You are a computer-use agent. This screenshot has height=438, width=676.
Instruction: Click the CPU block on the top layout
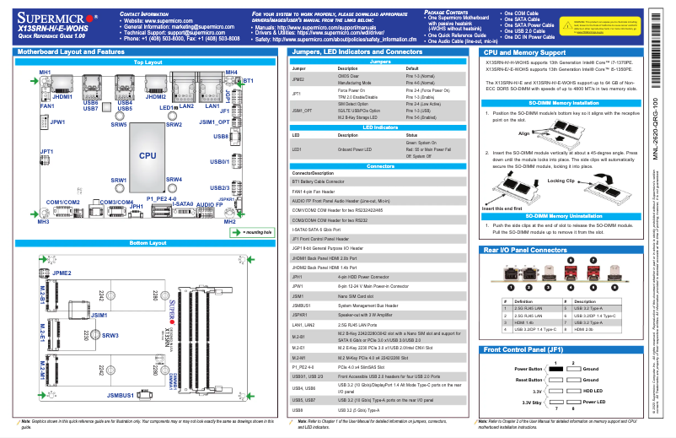coord(148,155)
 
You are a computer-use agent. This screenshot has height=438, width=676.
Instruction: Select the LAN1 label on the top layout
coord(212,106)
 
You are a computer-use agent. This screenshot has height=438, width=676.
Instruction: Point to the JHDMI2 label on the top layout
coord(155,97)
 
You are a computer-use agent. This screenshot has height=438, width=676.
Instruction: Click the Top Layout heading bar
coord(148,62)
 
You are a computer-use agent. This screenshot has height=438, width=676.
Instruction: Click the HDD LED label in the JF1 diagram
coord(593,391)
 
